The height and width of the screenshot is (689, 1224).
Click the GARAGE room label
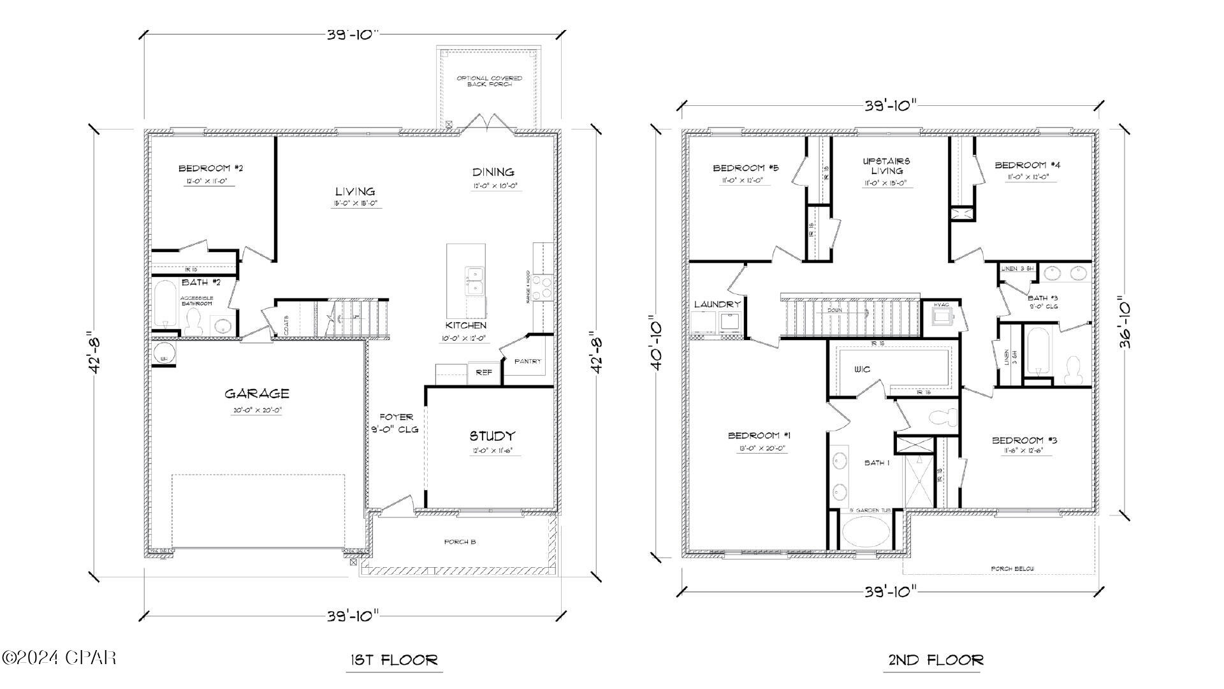pos(256,394)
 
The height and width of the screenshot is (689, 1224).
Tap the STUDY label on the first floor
pos(492,436)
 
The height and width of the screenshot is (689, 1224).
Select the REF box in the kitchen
pos(484,373)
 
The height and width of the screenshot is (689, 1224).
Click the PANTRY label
pos(527,361)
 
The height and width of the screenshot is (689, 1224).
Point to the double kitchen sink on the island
pos(474,281)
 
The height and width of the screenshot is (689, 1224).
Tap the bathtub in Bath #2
pos(164,304)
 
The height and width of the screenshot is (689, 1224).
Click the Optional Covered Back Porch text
pos(489,81)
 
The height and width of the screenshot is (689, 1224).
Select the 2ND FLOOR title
pos(936,660)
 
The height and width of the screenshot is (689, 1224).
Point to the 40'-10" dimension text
pos(656,343)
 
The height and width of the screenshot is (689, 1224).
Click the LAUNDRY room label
pos(717,304)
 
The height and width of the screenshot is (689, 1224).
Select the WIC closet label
pos(862,369)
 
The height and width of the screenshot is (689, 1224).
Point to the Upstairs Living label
pos(887,166)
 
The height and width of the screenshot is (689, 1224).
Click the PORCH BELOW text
pos(1012,568)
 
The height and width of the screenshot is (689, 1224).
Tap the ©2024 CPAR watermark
pos(59,657)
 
